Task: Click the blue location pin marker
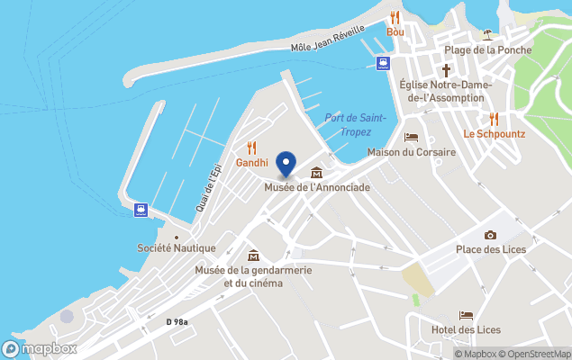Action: coord(286,164)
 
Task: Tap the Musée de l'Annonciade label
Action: coord(317,187)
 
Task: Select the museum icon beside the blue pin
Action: coord(316,173)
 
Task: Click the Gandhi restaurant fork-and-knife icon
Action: coord(252,148)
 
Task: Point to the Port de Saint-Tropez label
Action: coord(355,124)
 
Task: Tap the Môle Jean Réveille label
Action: coord(325,41)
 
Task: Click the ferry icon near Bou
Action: coord(383,63)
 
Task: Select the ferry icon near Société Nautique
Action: coord(141,211)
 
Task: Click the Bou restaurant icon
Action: coord(395,17)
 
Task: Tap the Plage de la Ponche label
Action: coord(487,50)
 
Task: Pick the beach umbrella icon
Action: coord(487,34)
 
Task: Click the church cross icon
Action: coord(446,69)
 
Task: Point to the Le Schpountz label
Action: coord(494,133)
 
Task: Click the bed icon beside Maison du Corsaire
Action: coord(412,138)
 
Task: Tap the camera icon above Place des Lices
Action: coord(490,235)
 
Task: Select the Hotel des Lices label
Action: coord(467,329)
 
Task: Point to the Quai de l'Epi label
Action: coord(208,188)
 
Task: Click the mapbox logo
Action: coord(40,348)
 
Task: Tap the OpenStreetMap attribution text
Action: coord(539,354)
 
